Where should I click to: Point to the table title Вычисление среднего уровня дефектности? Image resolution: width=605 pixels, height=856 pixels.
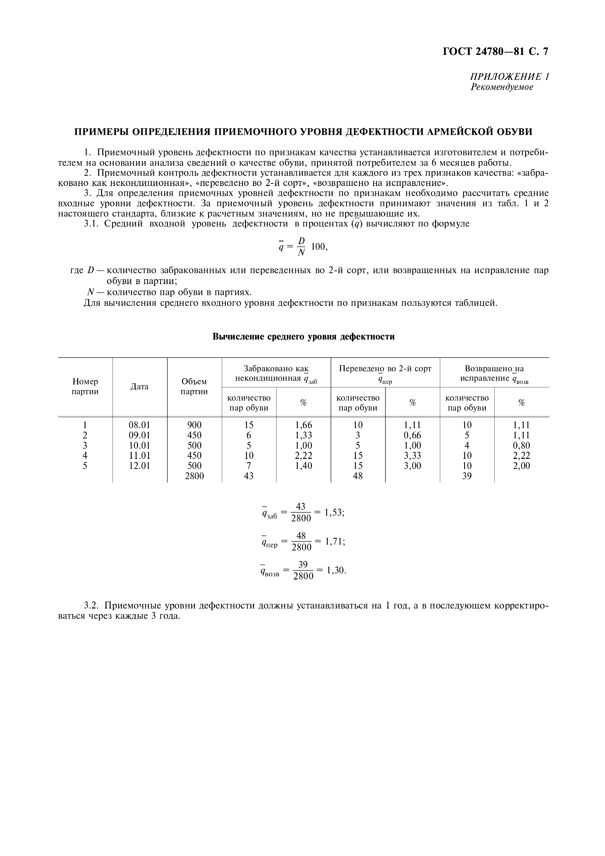click(303, 337)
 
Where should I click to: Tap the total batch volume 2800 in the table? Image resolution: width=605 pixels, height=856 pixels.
click(194, 476)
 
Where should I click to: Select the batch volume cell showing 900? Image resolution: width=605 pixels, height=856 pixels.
click(194, 425)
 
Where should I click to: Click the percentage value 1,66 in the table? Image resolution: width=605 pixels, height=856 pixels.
click(303, 425)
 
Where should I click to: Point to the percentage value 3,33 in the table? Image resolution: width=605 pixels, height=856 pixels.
click(413, 456)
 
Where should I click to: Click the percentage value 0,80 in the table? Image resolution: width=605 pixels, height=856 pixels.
click(521, 445)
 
